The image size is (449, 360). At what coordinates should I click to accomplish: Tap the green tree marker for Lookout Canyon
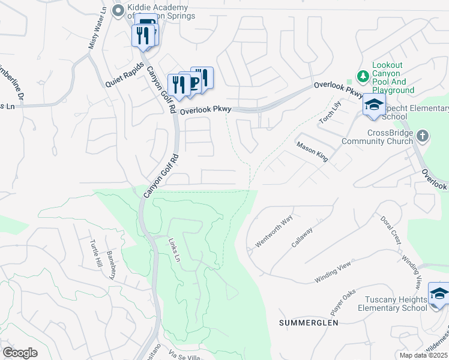pos(362,76)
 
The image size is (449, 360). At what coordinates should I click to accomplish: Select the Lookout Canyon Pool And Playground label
pos(393,77)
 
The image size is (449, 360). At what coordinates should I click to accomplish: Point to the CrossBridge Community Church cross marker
pos(422,136)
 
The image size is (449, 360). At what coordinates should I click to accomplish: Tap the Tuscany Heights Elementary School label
pos(391,303)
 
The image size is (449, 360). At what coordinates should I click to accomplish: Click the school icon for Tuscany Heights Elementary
pos(438,293)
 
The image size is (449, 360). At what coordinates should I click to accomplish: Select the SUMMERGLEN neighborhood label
pos(309,323)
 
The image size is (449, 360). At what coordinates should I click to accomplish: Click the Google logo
pos(20,352)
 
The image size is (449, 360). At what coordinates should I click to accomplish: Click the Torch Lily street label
pos(330,112)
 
